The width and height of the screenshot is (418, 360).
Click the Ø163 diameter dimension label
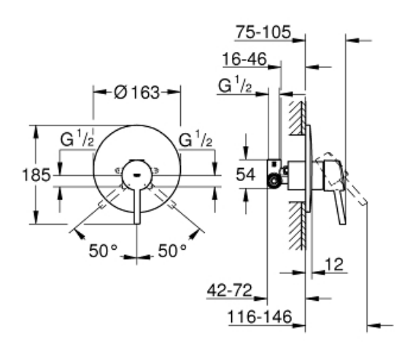(136, 92)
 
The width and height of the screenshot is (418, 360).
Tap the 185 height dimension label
(36, 175)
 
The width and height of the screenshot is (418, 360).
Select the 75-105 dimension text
(263, 32)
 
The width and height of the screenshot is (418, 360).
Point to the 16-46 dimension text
(244, 59)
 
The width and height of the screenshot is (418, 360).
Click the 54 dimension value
(246, 175)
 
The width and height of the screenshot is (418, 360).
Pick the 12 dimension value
(334, 264)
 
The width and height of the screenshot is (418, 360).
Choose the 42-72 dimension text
(230, 290)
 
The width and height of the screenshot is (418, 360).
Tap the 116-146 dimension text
(260, 317)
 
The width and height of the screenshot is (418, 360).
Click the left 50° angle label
(103, 250)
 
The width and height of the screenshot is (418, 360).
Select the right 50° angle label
(172, 250)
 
